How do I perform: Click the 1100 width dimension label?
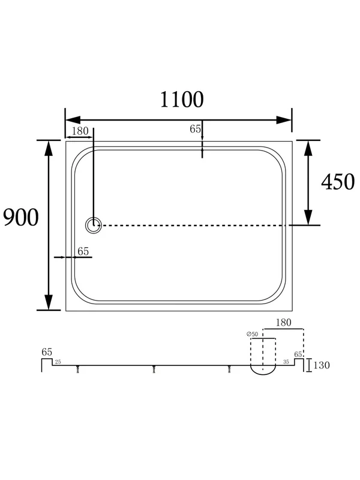[x=182, y=100]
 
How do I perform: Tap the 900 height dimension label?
[x=21, y=217]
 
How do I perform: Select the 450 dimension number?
[x=338, y=182]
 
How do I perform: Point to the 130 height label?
[x=322, y=365]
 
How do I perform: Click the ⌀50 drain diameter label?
[x=252, y=334]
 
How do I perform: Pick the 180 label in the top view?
[x=80, y=131]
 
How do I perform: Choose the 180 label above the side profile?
[x=283, y=323]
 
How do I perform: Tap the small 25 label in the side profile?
[x=58, y=362]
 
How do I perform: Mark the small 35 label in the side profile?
[x=286, y=362]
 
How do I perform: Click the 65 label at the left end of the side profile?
[x=47, y=352]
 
